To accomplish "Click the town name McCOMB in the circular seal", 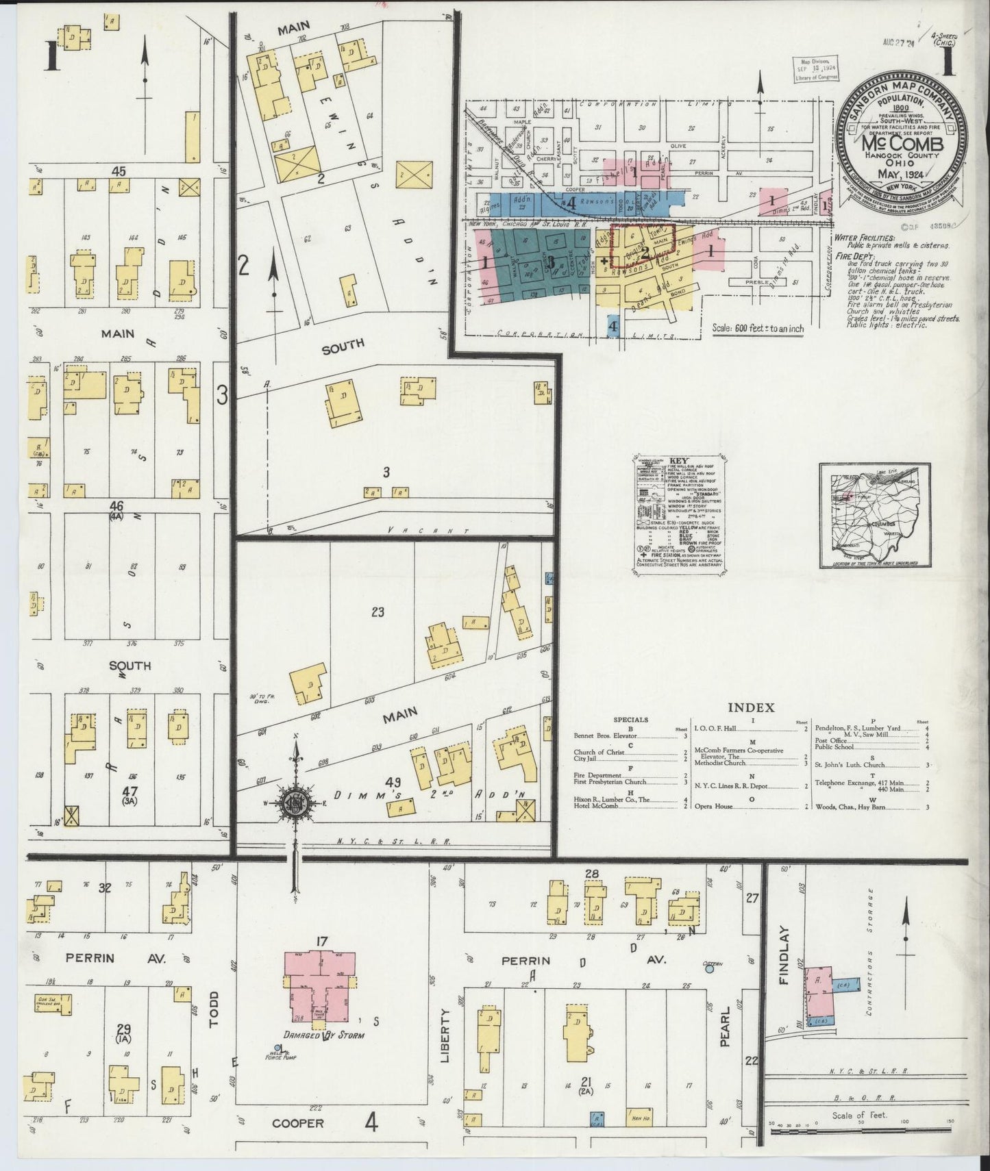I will point(902,144).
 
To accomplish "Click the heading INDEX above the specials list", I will point(750,707).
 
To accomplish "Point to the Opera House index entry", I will point(715,807).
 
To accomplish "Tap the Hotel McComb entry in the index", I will point(596,807).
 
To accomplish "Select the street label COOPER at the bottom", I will point(297,1124).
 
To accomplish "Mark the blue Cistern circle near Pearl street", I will point(710,968).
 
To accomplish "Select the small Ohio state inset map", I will point(874,515).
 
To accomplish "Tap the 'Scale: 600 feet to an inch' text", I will point(758,329).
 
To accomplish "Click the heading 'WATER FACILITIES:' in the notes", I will point(865,238).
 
